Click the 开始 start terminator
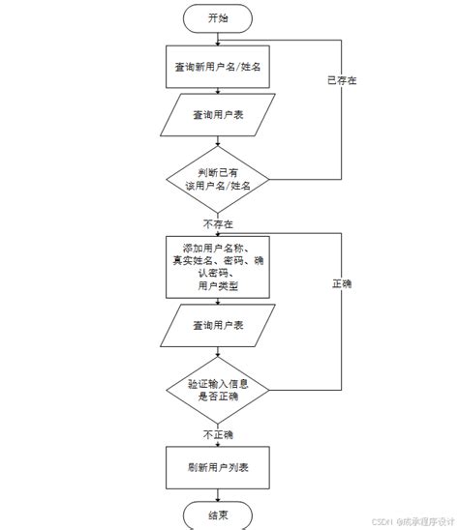(x=218, y=18)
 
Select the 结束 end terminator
(x=218, y=515)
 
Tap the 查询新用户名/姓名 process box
(x=218, y=67)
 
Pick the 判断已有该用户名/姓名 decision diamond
(x=218, y=179)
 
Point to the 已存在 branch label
(x=342, y=80)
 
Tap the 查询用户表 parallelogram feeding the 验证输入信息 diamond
(x=218, y=324)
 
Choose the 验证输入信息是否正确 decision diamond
(x=218, y=390)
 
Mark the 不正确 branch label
(x=218, y=434)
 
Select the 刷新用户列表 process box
(x=218, y=467)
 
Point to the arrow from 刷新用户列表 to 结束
(x=218, y=494)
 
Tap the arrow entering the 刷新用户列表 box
(x=218, y=441)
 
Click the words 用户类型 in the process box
(x=218, y=286)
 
